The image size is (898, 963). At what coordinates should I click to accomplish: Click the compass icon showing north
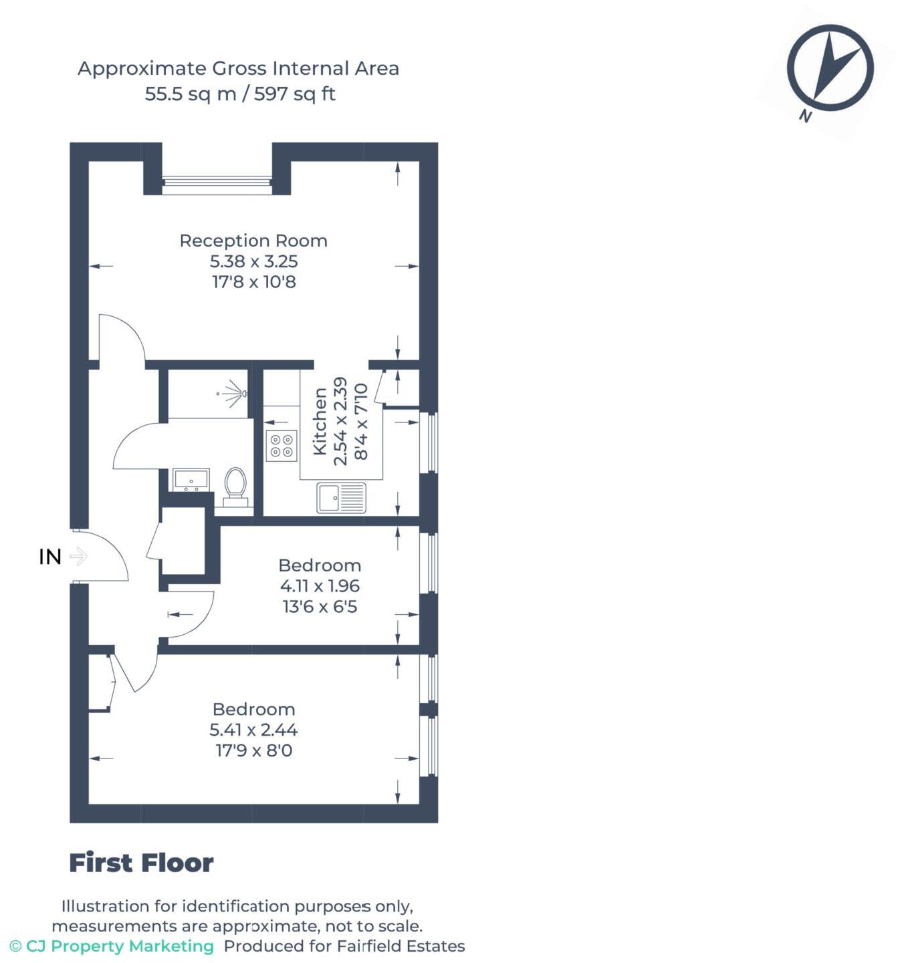(x=830, y=68)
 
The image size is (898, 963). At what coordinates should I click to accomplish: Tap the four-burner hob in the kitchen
(x=281, y=446)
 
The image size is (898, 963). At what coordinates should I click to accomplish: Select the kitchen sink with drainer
(x=341, y=498)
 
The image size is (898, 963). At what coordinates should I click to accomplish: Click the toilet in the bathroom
(x=235, y=485)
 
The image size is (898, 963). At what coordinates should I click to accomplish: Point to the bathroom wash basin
(x=191, y=480)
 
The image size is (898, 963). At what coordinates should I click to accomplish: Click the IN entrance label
(x=50, y=556)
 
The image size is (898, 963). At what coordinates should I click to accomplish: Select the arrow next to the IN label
(x=79, y=556)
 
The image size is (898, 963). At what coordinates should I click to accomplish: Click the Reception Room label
(x=253, y=241)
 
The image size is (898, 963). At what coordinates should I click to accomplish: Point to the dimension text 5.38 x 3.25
(x=253, y=261)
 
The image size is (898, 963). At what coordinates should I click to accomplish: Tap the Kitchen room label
(x=320, y=422)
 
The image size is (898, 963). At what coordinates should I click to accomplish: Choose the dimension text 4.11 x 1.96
(x=320, y=586)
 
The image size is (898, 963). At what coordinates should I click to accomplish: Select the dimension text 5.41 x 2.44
(x=253, y=730)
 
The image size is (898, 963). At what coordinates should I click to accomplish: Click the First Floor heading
(x=141, y=863)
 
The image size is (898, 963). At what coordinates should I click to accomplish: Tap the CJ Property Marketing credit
(x=112, y=946)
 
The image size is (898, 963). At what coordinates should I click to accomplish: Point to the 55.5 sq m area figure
(x=191, y=94)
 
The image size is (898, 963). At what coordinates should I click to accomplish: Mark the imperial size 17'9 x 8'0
(x=253, y=750)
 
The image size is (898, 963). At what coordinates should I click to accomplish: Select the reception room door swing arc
(x=124, y=337)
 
